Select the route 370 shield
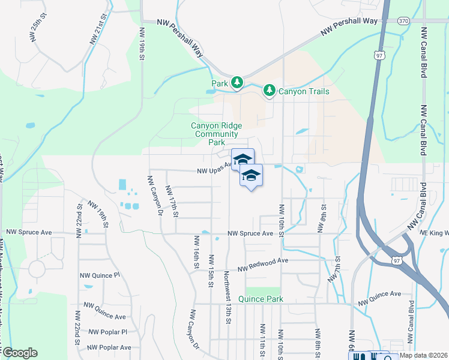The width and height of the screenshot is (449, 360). point(403,21)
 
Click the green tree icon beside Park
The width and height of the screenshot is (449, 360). point(237,82)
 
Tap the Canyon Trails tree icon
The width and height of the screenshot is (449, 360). point(270,91)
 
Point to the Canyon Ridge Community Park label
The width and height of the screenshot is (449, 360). point(208,134)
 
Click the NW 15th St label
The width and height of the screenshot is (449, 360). point(211,270)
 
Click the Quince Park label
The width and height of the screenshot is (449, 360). point(260,299)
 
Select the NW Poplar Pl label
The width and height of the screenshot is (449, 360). point(107,331)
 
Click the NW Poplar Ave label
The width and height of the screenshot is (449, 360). point(109,347)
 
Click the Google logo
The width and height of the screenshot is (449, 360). point(20,353)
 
